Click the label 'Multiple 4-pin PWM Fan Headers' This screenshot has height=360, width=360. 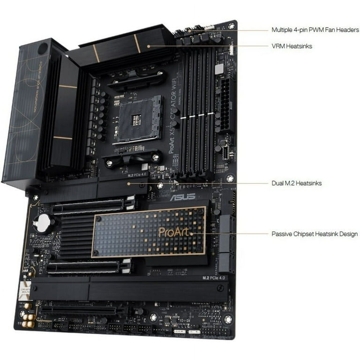[315, 30]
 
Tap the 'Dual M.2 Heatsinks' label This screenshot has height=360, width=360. [296, 183]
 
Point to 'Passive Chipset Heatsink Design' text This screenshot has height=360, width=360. [315, 233]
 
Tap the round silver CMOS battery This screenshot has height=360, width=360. [43, 223]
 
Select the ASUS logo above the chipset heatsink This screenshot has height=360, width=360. [182, 197]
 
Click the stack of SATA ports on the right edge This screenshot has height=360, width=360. [226, 244]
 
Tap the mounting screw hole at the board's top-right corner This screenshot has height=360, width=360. [231, 26]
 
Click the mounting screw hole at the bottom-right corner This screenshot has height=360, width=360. [228, 319]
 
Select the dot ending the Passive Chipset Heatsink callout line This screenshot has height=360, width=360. [192, 233]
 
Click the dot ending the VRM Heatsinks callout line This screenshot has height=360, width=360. [149, 46]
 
